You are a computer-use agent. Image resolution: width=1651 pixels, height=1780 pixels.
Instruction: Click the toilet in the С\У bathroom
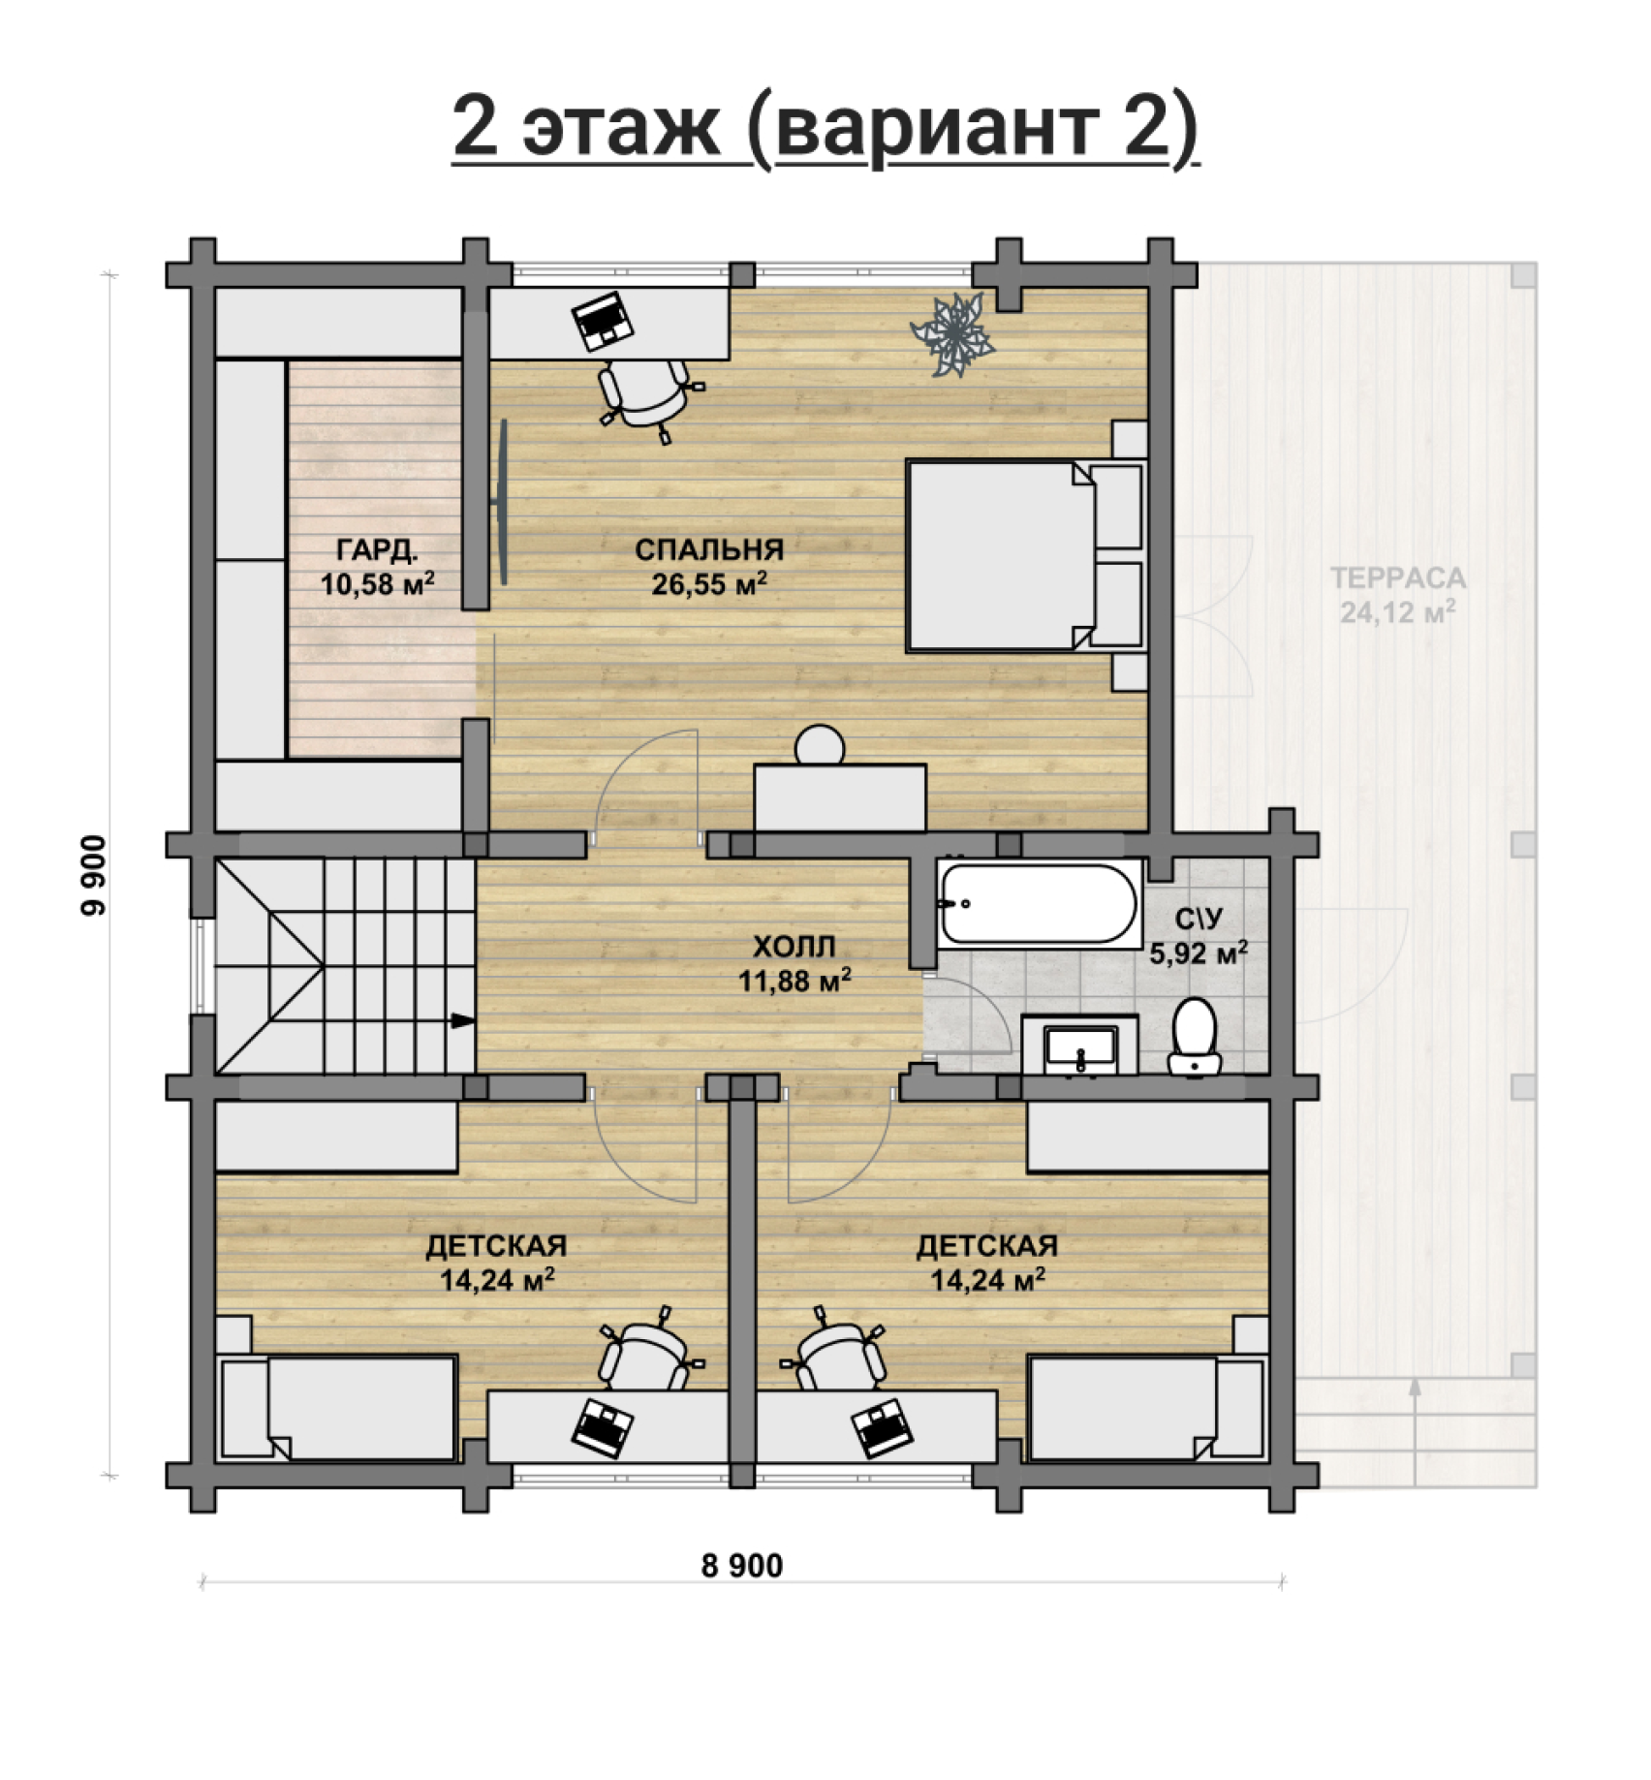(1195, 1037)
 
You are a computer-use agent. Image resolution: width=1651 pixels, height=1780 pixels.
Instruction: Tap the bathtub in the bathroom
(1041, 904)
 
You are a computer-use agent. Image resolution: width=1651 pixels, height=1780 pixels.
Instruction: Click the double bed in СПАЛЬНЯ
(1025, 555)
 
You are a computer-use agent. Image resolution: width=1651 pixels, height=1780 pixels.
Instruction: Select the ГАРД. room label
(378, 550)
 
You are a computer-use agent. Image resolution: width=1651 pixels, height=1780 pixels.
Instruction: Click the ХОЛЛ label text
(794, 946)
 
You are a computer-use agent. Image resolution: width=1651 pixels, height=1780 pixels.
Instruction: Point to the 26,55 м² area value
(710, 584)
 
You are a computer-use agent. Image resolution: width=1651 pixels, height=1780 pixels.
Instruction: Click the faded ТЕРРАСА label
(1398, 578)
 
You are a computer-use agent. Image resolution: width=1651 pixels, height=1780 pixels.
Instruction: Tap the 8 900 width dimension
(742, 1565)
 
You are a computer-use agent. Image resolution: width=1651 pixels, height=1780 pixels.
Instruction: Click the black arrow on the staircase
(463, 1020)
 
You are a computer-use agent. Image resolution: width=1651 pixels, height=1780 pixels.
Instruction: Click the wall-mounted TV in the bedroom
(501, 502)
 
